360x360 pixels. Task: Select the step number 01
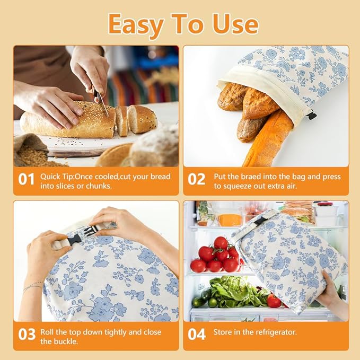click(x=26, y=180)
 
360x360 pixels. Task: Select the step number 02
click(x=196, y=180)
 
